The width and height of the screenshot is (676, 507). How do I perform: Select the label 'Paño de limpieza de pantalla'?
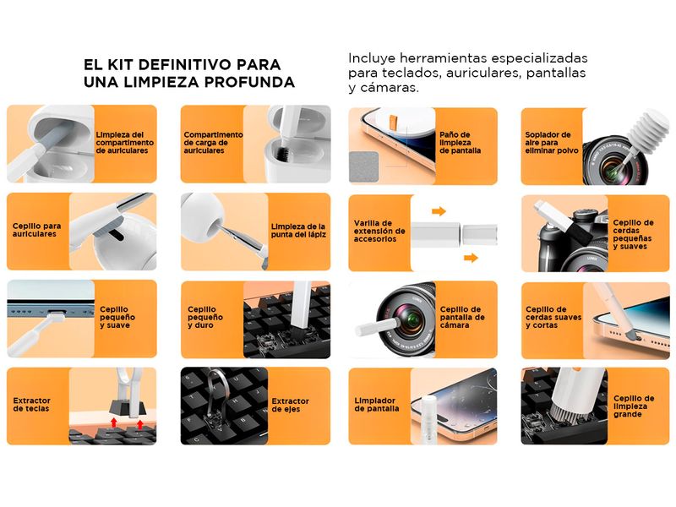pyautogui.click(x=460, y=143)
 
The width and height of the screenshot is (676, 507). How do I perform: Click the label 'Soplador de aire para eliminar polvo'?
pyautogui.click(x=552, y=143)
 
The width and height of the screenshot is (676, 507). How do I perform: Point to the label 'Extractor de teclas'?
pyautogui.click(x=31, y=405)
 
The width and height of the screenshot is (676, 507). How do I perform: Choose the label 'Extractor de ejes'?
pyautogui.click(x=290, y=405)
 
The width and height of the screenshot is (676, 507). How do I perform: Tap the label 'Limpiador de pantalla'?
pyautogui.click(x=376, y=405)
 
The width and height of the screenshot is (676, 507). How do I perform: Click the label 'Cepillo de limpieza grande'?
pyautogui.click(x=634, y=406)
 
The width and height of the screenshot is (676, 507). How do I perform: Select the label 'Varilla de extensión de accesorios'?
pyautogui.click(x=379, y=231)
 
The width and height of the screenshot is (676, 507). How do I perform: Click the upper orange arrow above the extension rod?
pyautogui.click(x=439, y=211)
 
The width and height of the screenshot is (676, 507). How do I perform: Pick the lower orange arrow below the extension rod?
pyautogui.click(x=471, y=258)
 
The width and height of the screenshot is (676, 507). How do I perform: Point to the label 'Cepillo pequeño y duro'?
pyautogui.click(x=205, y=318)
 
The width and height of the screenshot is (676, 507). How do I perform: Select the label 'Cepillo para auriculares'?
pyautogui.click(x=36, y=230)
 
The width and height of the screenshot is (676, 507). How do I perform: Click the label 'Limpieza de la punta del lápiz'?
pyautogui.click(x=298, y=230)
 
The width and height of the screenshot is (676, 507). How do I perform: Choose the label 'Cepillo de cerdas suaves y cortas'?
pyautogui.click(x=553, y=318)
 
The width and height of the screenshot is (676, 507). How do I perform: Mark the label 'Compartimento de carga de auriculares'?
pyautogui.click(x=214, y=143)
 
